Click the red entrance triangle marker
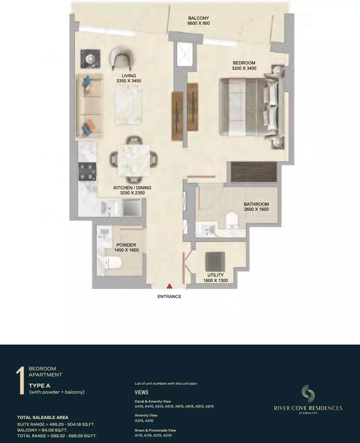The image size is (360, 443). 170,286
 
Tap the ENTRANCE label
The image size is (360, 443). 169,297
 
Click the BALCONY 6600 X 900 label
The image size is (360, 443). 199,21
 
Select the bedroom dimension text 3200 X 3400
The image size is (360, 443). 244,68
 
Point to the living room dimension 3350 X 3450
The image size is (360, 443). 129,81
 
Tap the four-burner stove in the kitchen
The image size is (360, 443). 87,172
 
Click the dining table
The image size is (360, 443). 134,161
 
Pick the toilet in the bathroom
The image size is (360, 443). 232,220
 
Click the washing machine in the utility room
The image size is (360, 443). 215,262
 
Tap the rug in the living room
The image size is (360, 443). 129,105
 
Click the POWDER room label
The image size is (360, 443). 126,245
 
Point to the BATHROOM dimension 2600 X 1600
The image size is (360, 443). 256,209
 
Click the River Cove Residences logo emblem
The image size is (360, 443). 308,394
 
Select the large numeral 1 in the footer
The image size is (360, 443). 20,381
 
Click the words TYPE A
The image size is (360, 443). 39,386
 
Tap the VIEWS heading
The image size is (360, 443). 141,393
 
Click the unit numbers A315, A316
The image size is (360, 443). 144,420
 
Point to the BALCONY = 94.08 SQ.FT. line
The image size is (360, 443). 43,430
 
